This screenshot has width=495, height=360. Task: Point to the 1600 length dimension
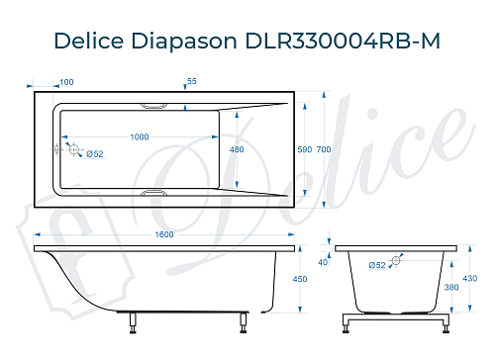164,234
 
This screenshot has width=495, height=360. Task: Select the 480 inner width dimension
237,149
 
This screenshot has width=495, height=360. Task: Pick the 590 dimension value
304,149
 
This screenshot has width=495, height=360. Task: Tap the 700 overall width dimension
323,149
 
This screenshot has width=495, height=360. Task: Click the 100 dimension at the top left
66,82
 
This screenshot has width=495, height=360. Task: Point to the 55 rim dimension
191,82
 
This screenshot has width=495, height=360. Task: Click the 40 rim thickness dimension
323,262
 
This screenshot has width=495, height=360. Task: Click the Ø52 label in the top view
95,153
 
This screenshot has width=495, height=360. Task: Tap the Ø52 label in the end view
377,265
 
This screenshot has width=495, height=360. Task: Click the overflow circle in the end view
397,260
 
